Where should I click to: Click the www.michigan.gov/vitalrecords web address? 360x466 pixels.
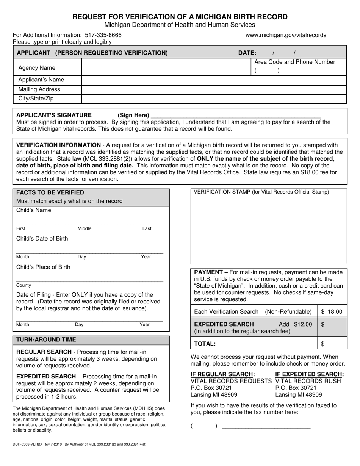286,35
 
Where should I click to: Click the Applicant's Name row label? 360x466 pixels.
41,80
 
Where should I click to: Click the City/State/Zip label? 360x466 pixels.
36,99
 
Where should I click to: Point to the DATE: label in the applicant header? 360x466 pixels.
247,53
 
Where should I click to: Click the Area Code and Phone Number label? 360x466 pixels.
294,62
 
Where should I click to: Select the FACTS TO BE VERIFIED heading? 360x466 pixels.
50,192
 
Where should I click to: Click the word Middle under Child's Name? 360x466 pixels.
85,229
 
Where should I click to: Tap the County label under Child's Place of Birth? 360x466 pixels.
23,285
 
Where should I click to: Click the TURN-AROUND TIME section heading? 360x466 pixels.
46,339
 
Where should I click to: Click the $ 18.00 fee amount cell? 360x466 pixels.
332,312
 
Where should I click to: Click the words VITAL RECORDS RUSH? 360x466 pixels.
308,381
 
